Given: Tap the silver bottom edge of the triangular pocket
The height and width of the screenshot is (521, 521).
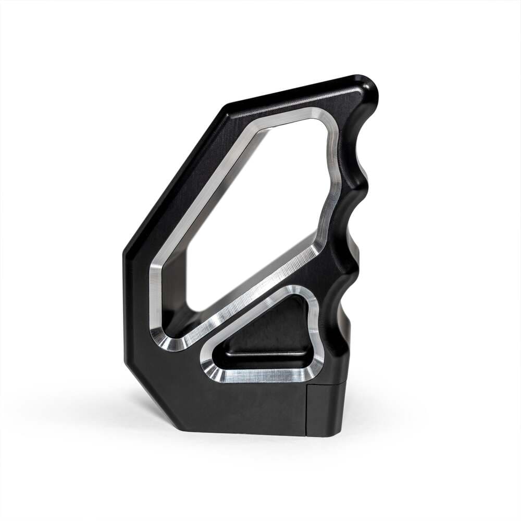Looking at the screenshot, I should (x=260, y=375).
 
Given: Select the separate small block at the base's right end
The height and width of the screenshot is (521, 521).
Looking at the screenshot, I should (x=326, y=409).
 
